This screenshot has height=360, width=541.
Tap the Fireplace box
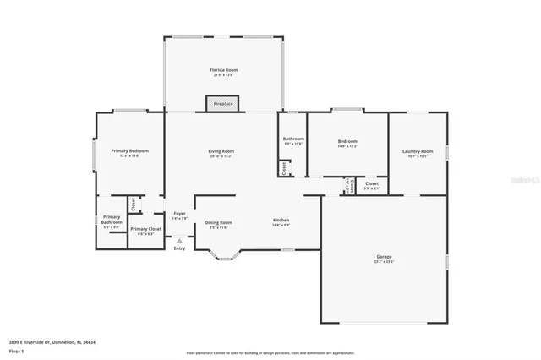pos(223,103)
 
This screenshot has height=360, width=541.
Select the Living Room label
pos(221,151)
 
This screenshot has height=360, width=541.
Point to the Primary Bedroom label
pos(129,151)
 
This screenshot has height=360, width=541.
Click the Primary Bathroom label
pos(112,222)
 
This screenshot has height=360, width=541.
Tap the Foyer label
pos(179,214)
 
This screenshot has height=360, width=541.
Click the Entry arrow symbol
pos(178,240)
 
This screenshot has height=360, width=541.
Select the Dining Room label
pos(220,222)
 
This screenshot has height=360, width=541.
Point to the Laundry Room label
pos(418,151)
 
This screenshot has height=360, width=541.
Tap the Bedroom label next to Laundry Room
pos(347,142)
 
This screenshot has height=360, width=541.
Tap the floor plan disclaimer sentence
pos(270,352)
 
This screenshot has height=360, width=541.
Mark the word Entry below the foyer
pos(178,248)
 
